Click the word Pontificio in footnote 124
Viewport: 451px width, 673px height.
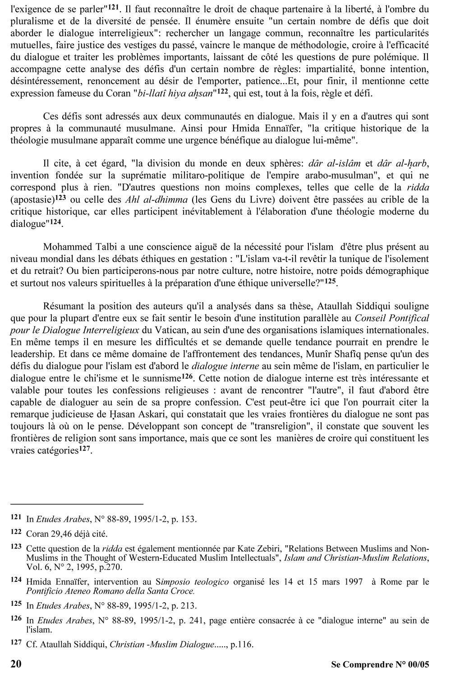click(44, 590)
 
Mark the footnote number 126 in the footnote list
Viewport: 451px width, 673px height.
click(17, 619)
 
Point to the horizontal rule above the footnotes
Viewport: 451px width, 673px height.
click(76, 503)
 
